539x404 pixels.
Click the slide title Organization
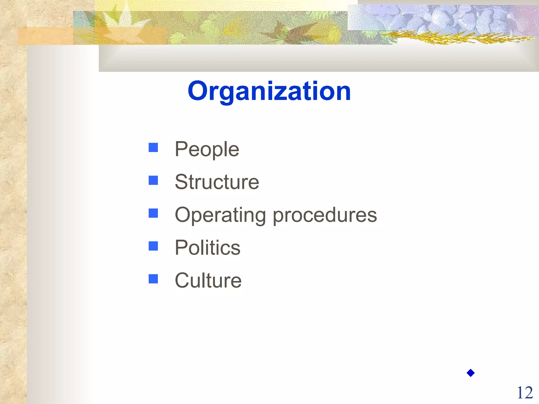click(x=269, y=91)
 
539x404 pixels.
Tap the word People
click(x=207, y=149)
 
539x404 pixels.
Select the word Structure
click(x=217, y=182)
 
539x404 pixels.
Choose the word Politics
click(x=207, y=248)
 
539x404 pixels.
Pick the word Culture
click(x=208, y=280)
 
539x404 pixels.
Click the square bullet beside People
click(x=153, y=148)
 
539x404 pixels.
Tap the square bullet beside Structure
click(x=153, y=180)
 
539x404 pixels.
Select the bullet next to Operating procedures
click(x=153, y=213)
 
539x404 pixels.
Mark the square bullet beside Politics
click(x=153, y=246)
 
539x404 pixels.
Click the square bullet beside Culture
click(x=153, y=279)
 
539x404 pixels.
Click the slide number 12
click(x=525, y=393)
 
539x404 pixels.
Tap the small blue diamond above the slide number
click(x=471, y=373)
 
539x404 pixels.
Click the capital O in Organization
click(x=198, y=91)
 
